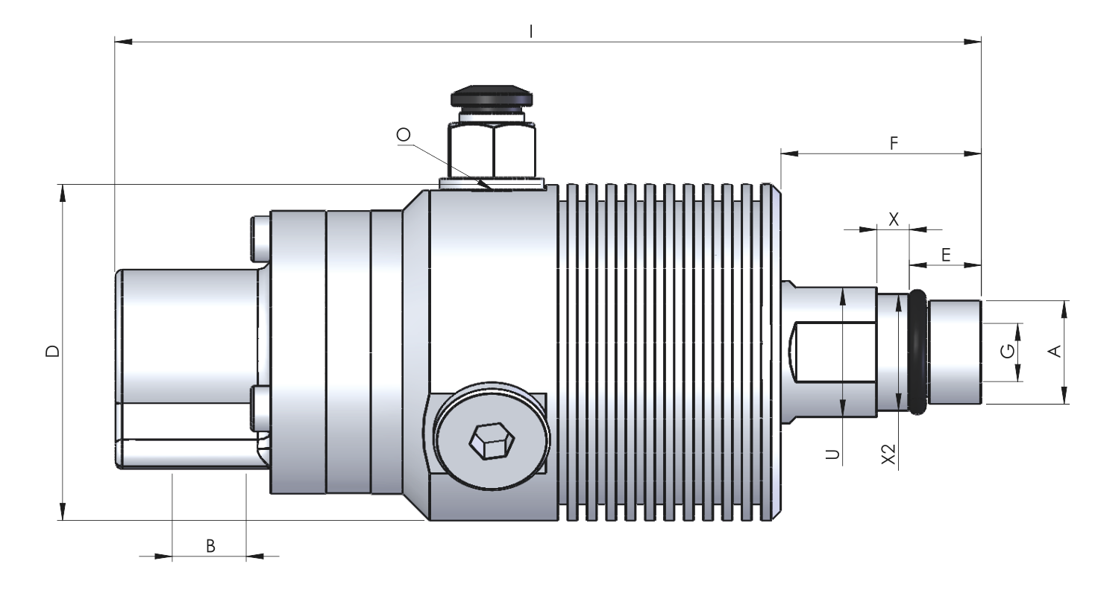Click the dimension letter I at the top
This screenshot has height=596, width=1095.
pyautogui.click(x=531, y=32)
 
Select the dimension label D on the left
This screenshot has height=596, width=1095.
pyautogui.click(x=53, y=351)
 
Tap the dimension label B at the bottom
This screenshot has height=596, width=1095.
pyautogui.click(x=210, y=546)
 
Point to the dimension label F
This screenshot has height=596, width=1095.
pyautogui.click(x=894, y=143)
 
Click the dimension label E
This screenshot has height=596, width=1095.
pyautogui.click(x=946, y=255)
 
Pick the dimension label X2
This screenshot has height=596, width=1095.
pyautogui.click(x=888, y=454)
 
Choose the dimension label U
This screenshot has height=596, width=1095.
pyautogui.click(x=832, y=454)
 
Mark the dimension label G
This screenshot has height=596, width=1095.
pyautogui.click(x=1008, y=351)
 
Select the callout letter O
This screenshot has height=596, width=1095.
pyautogui.click(x=404, y=135)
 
